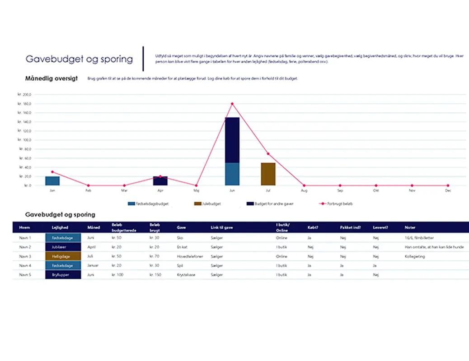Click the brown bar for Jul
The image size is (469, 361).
268,174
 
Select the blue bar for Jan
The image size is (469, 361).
52,181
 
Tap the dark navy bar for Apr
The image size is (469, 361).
160,181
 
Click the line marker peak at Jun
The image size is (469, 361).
232,104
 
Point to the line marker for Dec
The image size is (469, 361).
448,185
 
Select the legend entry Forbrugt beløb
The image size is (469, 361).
336,204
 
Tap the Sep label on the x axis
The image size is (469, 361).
340,191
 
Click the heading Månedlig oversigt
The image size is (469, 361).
52,79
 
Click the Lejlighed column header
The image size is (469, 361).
60,227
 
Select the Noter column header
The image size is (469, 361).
410,227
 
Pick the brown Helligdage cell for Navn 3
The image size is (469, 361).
63,256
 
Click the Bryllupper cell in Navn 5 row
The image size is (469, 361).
63,274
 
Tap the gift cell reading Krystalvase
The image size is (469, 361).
186,274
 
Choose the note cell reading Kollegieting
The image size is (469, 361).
415,256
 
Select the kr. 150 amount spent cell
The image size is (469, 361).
156,274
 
